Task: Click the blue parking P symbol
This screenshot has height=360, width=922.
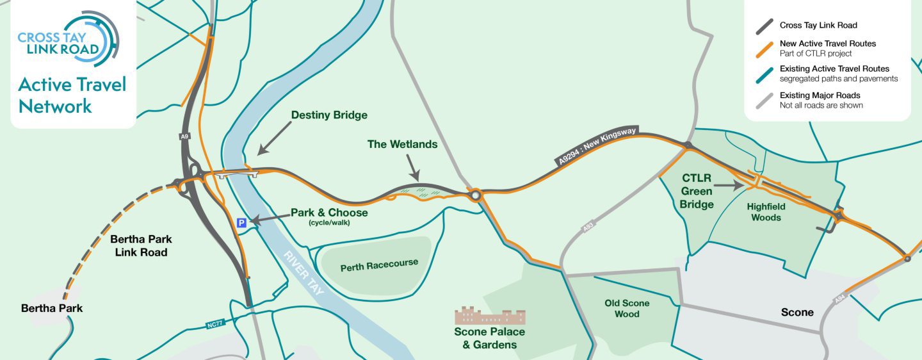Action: [241, 223]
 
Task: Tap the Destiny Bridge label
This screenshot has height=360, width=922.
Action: [329, 115]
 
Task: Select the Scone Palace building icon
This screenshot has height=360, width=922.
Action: [490, 316]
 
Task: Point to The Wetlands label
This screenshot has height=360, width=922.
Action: [402, 144]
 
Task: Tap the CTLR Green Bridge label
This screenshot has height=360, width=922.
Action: [697, 191]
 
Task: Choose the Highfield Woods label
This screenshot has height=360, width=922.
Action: [766, 212]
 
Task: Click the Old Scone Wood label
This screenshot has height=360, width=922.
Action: [627, 308]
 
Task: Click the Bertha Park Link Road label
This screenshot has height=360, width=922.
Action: [141, 246]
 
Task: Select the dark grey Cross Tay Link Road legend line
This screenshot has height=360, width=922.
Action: [764, 27]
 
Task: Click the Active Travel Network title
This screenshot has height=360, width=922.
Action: [72, 95]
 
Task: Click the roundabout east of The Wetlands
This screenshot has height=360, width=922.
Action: [474, 195]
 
